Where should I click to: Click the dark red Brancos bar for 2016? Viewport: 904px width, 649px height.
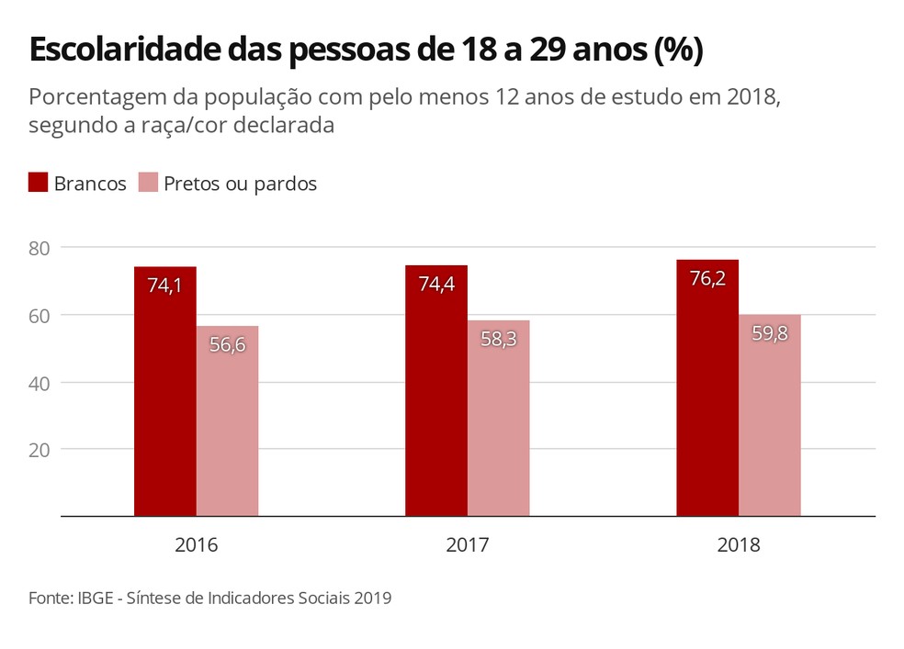tap(165, 395)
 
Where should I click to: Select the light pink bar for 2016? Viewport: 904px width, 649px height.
tap(227, 422)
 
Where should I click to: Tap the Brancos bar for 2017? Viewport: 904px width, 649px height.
tap(436, 395)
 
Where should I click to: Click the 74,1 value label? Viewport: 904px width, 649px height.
tap(165, 285)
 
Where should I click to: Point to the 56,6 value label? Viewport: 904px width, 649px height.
tap(227, 345)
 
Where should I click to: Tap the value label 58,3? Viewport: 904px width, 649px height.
tap(498, 339)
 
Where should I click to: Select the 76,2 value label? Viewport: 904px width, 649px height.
tap(707, 278)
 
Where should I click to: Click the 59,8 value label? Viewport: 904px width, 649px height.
tap(769, 334)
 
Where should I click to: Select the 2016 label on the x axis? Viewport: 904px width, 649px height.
tap(196, 545)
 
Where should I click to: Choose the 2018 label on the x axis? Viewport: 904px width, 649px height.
tap(739, 545)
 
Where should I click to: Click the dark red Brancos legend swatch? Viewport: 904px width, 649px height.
tap(38, 183)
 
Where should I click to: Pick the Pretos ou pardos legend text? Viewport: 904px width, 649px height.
tap(240, 184)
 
